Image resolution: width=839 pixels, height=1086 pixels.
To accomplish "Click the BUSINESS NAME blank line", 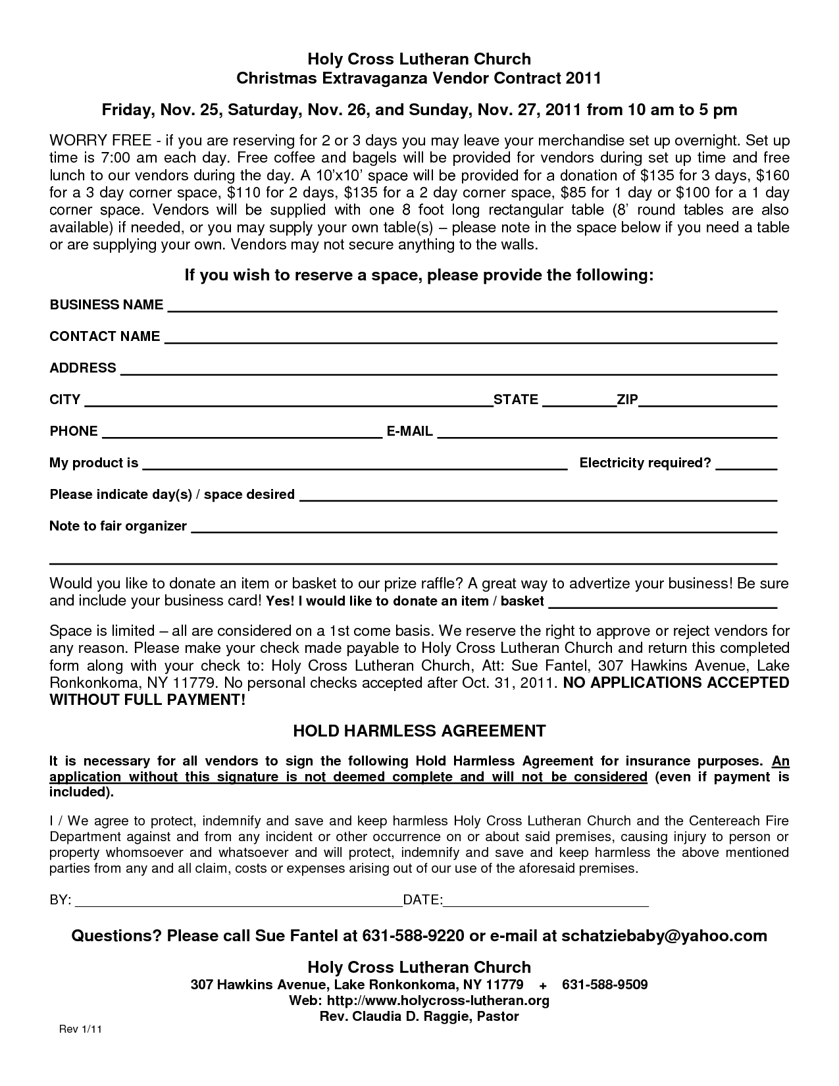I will (x=471, y=307).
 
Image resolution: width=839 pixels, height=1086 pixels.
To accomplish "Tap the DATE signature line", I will (x=546, y=902).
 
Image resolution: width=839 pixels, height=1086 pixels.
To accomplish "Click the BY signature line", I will (x=240, y=902).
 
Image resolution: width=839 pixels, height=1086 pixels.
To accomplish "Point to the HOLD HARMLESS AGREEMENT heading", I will (x=419, y=731).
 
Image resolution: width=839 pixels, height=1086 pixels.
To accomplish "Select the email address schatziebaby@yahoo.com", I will (x=664, y=936).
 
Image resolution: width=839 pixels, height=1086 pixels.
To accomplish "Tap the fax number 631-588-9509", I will (x=605, y=985).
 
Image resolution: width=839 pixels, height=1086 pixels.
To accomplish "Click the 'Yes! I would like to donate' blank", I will (x=663, y=603).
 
